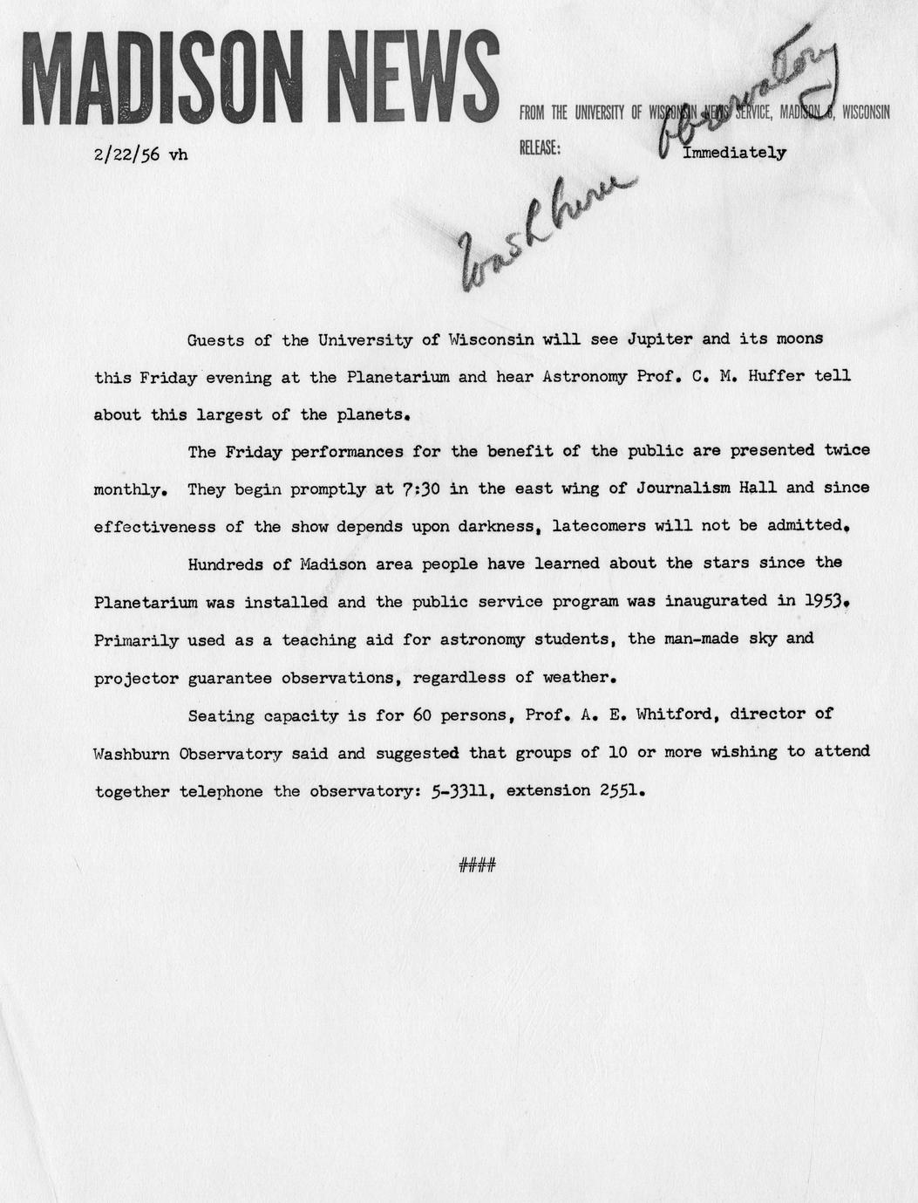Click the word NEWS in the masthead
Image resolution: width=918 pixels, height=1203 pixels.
(408, 79)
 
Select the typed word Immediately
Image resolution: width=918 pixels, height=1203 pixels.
(734, 153)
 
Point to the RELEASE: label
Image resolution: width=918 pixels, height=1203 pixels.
(540, 148)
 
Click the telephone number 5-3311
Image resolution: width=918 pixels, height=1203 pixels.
(460, 792)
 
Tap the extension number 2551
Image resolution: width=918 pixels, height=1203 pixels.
(622, 792)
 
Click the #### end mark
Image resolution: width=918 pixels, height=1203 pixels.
(476, 865)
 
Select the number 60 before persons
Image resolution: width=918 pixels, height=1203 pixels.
(423, 715)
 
